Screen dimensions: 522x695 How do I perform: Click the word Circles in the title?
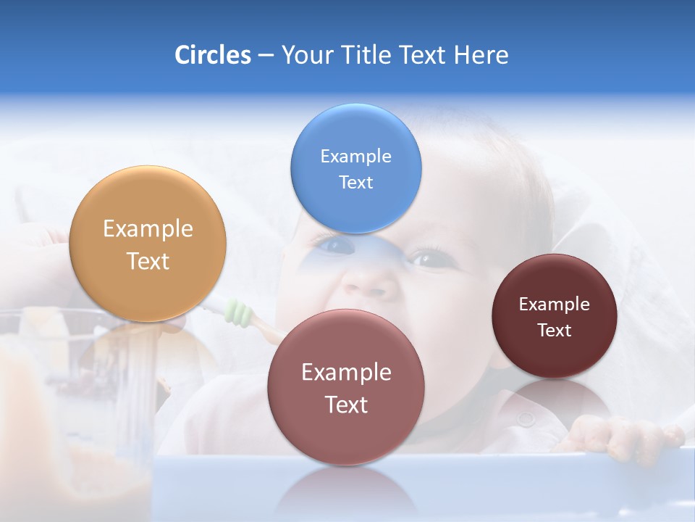click(213, 55)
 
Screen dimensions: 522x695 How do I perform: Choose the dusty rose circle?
click(346, 435)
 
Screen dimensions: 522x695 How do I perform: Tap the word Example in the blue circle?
click(355, 157)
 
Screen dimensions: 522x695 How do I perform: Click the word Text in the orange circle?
click(148, 262)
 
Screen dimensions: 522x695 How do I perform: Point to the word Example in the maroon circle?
click(555, 304)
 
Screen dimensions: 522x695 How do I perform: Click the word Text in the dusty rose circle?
click(346, 405)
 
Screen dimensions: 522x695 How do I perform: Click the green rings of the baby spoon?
click(239, 312)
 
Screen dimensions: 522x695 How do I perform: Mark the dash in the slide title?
click(266, 56)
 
